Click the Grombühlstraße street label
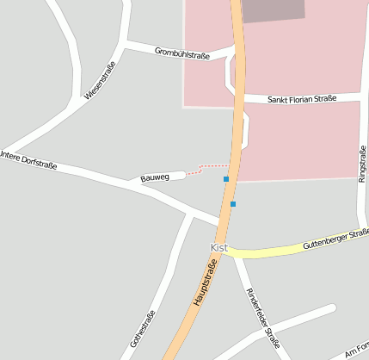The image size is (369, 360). (x=181, y=53)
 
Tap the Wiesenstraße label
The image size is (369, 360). (x=100, y=79)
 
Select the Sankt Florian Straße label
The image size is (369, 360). (x=301, y=99)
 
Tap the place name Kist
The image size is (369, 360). (x=218, y=247)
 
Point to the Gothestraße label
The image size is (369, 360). (x=143, y=328)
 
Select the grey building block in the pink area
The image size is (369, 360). (x=274, y=10)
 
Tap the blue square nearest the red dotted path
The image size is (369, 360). (x=226, y=179)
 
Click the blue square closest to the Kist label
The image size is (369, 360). (x=232, y=204)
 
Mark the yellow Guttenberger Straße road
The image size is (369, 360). (x=275, y=251)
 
